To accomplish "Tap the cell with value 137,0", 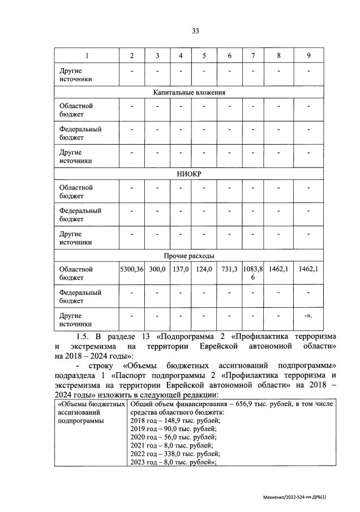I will (180, 270).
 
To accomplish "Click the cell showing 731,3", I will (229, 270).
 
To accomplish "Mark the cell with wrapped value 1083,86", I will (252, 273).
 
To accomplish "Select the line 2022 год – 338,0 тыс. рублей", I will (176, 453).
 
